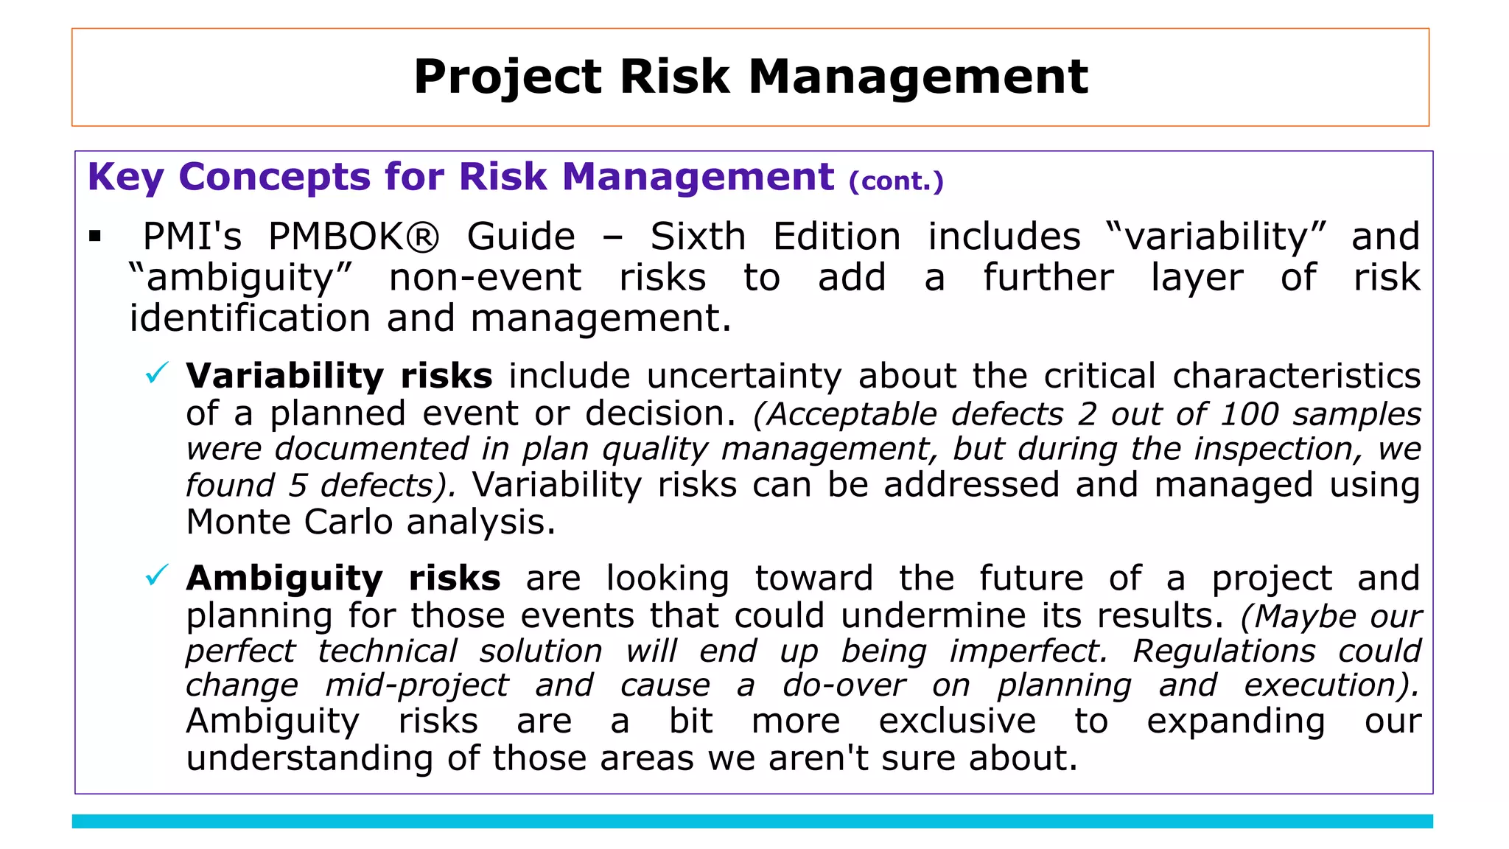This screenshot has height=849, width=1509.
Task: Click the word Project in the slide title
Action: click(508, 77)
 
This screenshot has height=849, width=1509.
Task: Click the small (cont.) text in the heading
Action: click(896, 181)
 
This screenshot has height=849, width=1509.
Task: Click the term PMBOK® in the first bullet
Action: click(353, 237)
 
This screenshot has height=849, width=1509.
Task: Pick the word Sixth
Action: click(698, 237)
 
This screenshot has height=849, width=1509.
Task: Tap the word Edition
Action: click(836, 237)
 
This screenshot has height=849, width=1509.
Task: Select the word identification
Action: click(250, 319)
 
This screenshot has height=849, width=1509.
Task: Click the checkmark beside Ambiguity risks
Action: click(157, 575)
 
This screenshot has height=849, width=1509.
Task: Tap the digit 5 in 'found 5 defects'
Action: click(297, 486)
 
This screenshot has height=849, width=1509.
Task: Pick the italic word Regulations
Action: click(1223, 651)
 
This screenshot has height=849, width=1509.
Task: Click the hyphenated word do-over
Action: click(844, 686)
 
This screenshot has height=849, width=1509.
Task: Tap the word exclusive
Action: click(957, 722)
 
